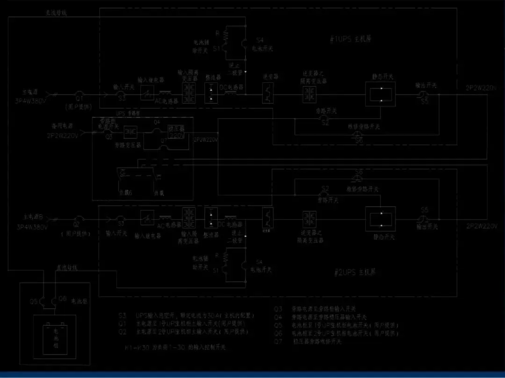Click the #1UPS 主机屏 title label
(x=350, y=39)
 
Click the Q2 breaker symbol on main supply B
(x=80, y=218)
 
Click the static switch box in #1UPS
(x=380, y=94)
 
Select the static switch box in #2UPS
(x=380, y=218)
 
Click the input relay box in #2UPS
(x=147, y=218)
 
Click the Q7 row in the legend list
(x=309, y=341)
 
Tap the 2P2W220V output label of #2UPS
(x=481, y=226)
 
